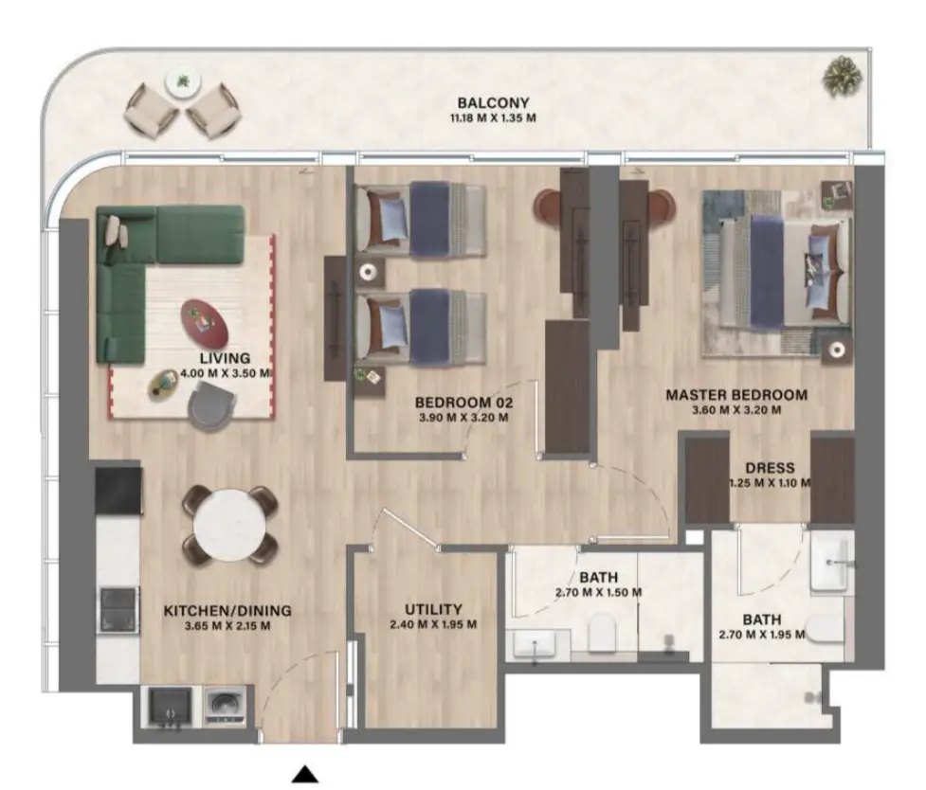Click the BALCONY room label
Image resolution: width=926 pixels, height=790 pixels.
click(493, 103)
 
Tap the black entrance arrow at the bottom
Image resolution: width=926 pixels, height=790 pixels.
click(304, 774)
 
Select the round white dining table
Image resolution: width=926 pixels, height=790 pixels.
click(230, 524)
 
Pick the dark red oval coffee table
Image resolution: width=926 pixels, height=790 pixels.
click(206, 322)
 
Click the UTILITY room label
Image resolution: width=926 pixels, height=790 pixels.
click(432, 609)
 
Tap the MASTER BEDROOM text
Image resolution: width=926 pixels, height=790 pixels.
click(735, 395)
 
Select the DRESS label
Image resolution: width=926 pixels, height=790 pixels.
click(770, 468)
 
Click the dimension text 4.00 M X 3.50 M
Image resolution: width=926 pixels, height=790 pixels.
click(226, 373)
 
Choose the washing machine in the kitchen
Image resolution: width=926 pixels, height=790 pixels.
click(221, 707)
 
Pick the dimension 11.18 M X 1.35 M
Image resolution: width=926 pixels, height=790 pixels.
click(493, 118)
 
